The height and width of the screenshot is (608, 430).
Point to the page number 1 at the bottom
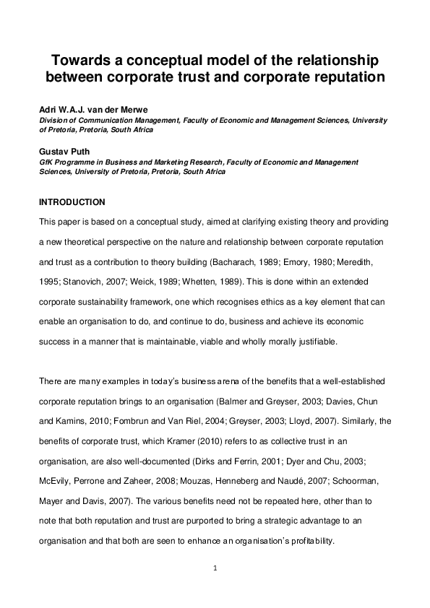point(215,568)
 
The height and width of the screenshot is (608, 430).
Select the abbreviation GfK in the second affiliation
point(46,163)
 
